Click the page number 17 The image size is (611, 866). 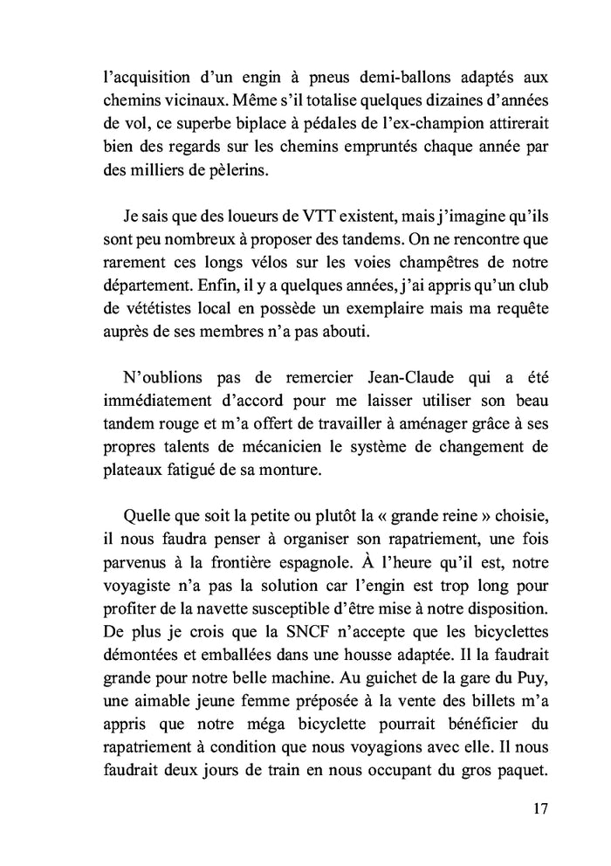[x=539, y=808]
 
